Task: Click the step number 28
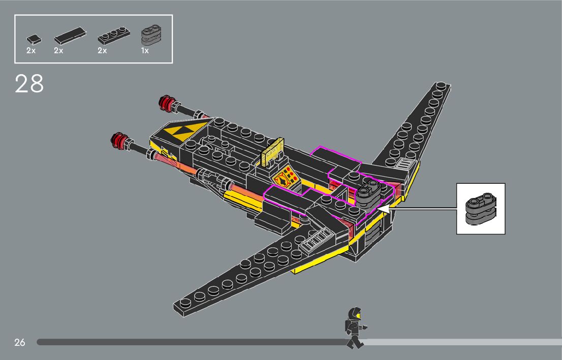coord(29,84)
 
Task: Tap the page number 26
coord(19,342)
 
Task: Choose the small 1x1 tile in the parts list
coord(33,38)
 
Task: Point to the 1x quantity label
coord(145,51)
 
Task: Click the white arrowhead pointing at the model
coord(383,208)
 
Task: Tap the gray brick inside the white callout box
coord(480,208)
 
